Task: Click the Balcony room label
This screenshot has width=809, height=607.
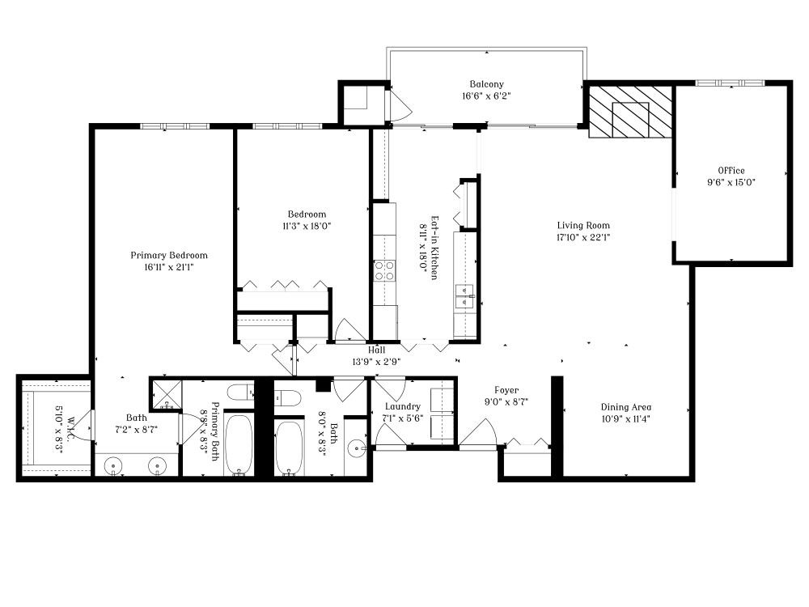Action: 486,84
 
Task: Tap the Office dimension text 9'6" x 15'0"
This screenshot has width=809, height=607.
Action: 731,182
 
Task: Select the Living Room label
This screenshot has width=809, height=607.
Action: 582,226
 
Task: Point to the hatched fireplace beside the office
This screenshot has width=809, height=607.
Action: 630,112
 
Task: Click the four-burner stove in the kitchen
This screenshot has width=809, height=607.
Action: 384,270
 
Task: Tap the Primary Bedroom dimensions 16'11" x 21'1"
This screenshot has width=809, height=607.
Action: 169,267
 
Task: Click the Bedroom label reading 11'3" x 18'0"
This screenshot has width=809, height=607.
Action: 307,226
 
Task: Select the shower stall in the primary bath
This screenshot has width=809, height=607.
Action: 165,395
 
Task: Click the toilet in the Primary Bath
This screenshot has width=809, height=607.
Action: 240,393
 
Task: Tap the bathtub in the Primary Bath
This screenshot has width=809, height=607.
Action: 239,445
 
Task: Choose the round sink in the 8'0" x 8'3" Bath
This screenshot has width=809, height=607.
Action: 358,448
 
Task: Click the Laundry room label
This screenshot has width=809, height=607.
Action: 402,406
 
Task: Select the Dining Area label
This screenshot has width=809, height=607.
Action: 625,407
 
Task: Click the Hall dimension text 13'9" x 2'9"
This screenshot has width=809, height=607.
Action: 376,362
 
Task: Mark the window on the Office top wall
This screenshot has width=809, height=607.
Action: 730,83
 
